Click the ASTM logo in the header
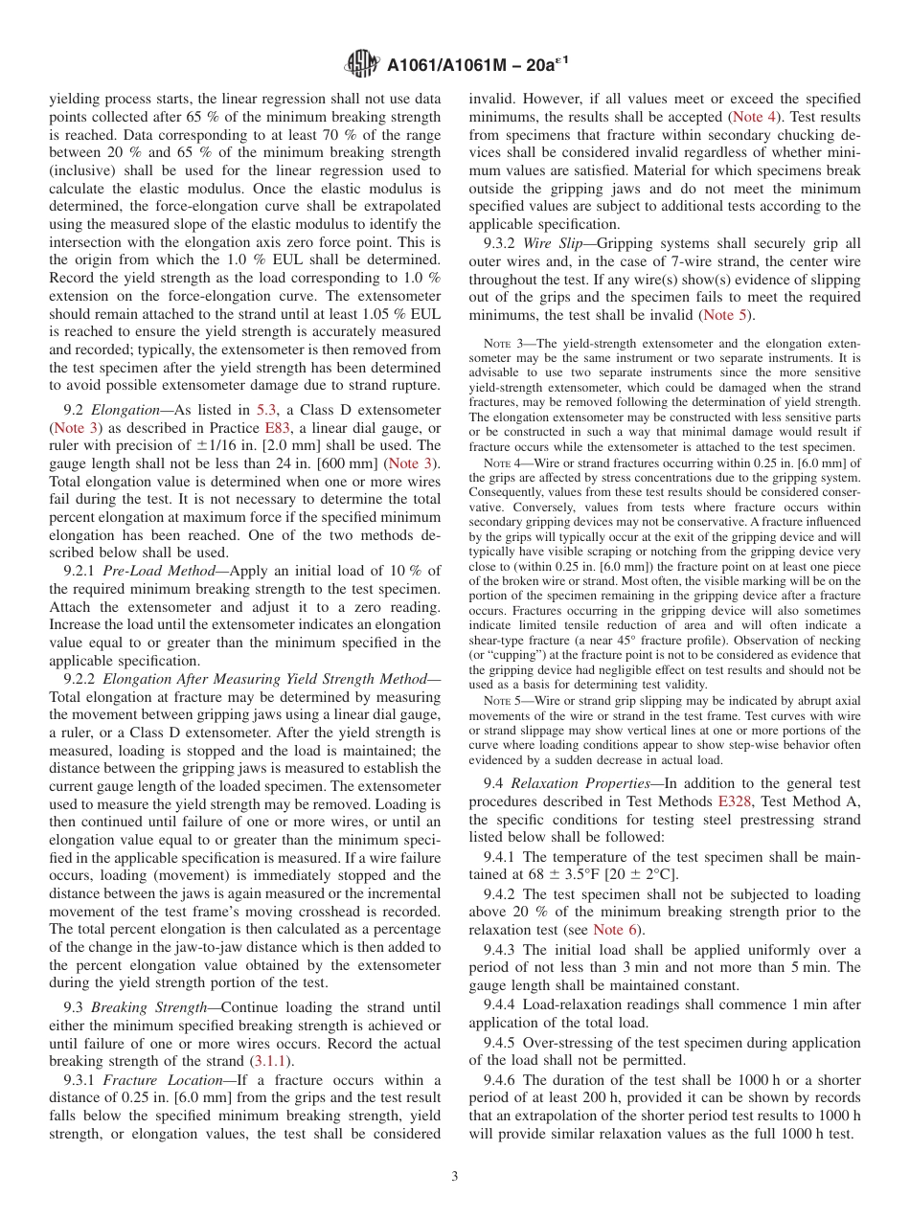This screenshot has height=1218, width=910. [362, 64]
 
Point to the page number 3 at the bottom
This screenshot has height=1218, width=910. [455, 1177]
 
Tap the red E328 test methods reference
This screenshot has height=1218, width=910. [735, 801]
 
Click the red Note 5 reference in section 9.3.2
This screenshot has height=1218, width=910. [724, 315]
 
